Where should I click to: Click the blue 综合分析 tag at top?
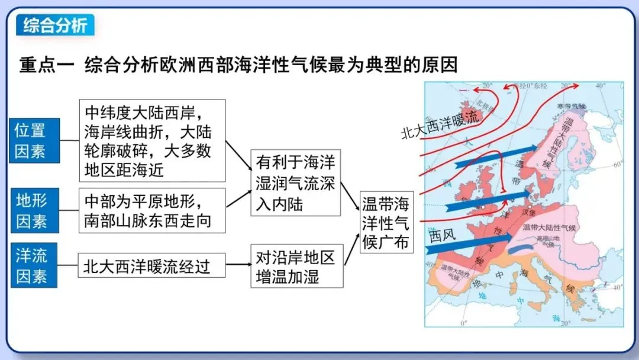pyautogui.click(x=55, y=25)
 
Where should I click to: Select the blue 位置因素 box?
pyautogui.click(x=34, y=140)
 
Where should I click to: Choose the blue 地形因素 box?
pyautogui.click(x=34, y=211)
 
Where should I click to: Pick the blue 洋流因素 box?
pyautogui.click(x=34, y=265)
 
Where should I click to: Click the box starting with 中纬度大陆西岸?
pyautogui.click(x=153, y=140)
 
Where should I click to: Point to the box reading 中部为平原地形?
pyautogui.click(x=153, y=210)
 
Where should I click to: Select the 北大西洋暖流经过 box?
pyautogui.click(x=153, y=265)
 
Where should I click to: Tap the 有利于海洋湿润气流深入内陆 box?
pyautogui.click(x=295, y=182)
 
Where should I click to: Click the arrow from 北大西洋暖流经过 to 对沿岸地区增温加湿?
pyautogui.click(x=238, y=265)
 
